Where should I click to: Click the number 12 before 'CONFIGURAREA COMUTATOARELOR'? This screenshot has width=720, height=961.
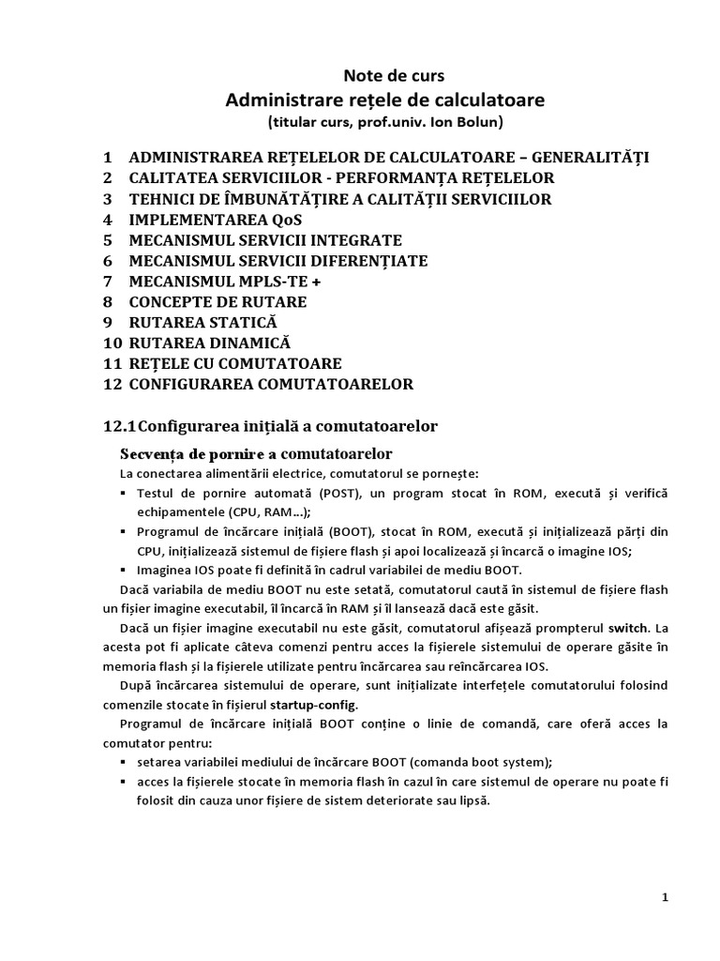tap(112, 384)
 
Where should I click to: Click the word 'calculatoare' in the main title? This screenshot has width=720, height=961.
tap(492, 99)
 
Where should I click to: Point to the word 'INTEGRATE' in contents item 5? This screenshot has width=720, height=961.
tap(349, 239)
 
